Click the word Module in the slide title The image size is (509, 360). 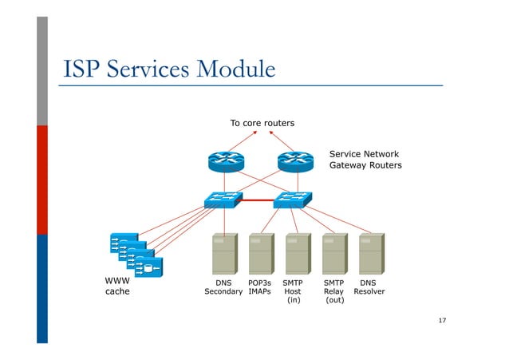click(x=232, y=69)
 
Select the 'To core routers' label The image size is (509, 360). click(x=262, y=123)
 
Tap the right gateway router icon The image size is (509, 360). click(x=296, y=162)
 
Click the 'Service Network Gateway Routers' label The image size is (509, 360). click(x=365, y=160)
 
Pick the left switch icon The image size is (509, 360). click(x=223, y=200)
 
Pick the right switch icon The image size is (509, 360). click(x=293, y=200)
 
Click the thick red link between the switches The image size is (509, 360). click(x=258, y=201)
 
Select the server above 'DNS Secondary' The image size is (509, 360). click(x=224, y=255)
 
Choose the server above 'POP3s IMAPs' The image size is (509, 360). click(x=261, y=255)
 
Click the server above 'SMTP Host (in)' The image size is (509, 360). click(x=298, y=255)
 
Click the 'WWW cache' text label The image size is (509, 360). click(x=117, y=287)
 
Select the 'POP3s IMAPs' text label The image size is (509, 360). click(x=260, y=287)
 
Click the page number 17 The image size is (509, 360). click(x=442, y=320)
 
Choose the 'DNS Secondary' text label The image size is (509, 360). click(x=223, y=287)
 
